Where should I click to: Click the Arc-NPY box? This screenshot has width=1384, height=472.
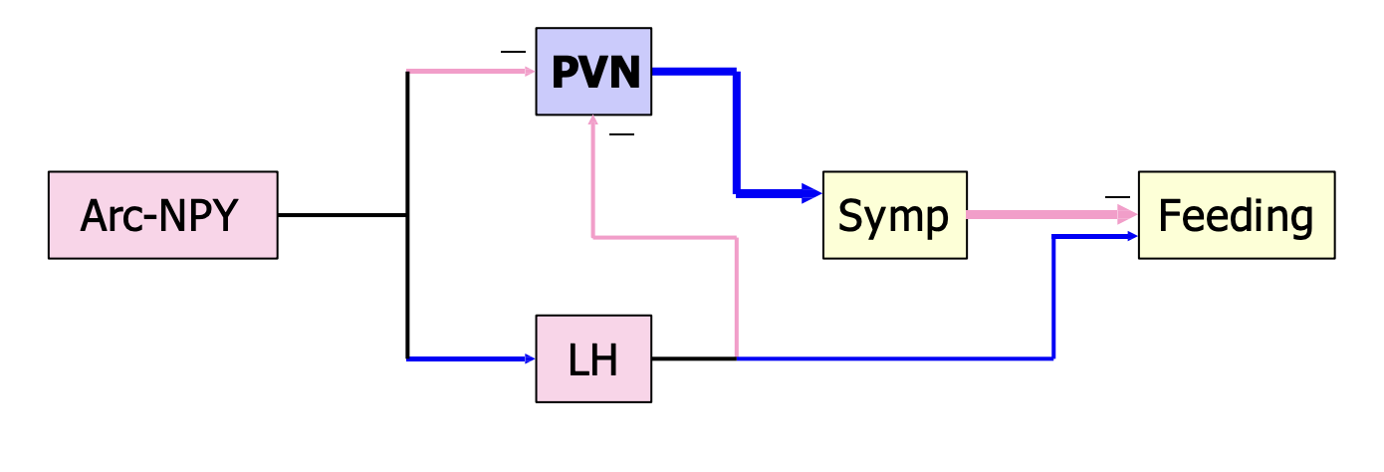click(x=163, y=215)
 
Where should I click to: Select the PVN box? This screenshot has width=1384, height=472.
click(x=593, y=71)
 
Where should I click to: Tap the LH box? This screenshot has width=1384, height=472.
click(x=593, y=358)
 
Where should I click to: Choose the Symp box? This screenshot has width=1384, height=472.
click(x=895, y=215)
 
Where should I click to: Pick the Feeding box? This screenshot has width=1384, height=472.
click(x=1237, y=215)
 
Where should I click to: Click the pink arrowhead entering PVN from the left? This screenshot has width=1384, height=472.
click(x=530, y=72)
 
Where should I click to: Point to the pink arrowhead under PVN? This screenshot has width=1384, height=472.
click(x=593, y=120)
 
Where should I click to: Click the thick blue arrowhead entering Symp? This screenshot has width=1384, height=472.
click(x=811, y=193)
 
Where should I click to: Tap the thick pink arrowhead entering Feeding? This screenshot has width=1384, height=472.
click(x=1127, y=214)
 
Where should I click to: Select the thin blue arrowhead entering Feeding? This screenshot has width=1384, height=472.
click(x=1132, y=236)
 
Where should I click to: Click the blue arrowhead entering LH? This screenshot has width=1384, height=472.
click(x=530, y=358)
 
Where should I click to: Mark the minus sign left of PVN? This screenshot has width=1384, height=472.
click(x=513, y=52)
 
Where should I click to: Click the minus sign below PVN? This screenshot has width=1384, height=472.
click(x=621, y=134)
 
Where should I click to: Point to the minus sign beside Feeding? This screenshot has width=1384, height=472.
click(x=1117, y=197)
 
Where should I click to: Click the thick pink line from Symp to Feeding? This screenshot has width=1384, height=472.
click(x=1042, y=214)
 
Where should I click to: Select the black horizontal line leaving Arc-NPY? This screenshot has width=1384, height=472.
click(x=343, y=215)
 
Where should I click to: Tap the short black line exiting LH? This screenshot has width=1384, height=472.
click(x=694, y=358)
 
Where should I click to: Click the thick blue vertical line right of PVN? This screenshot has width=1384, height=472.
click(x=737, y=132)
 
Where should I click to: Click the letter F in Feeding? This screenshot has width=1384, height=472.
click(x=1168, y=215)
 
